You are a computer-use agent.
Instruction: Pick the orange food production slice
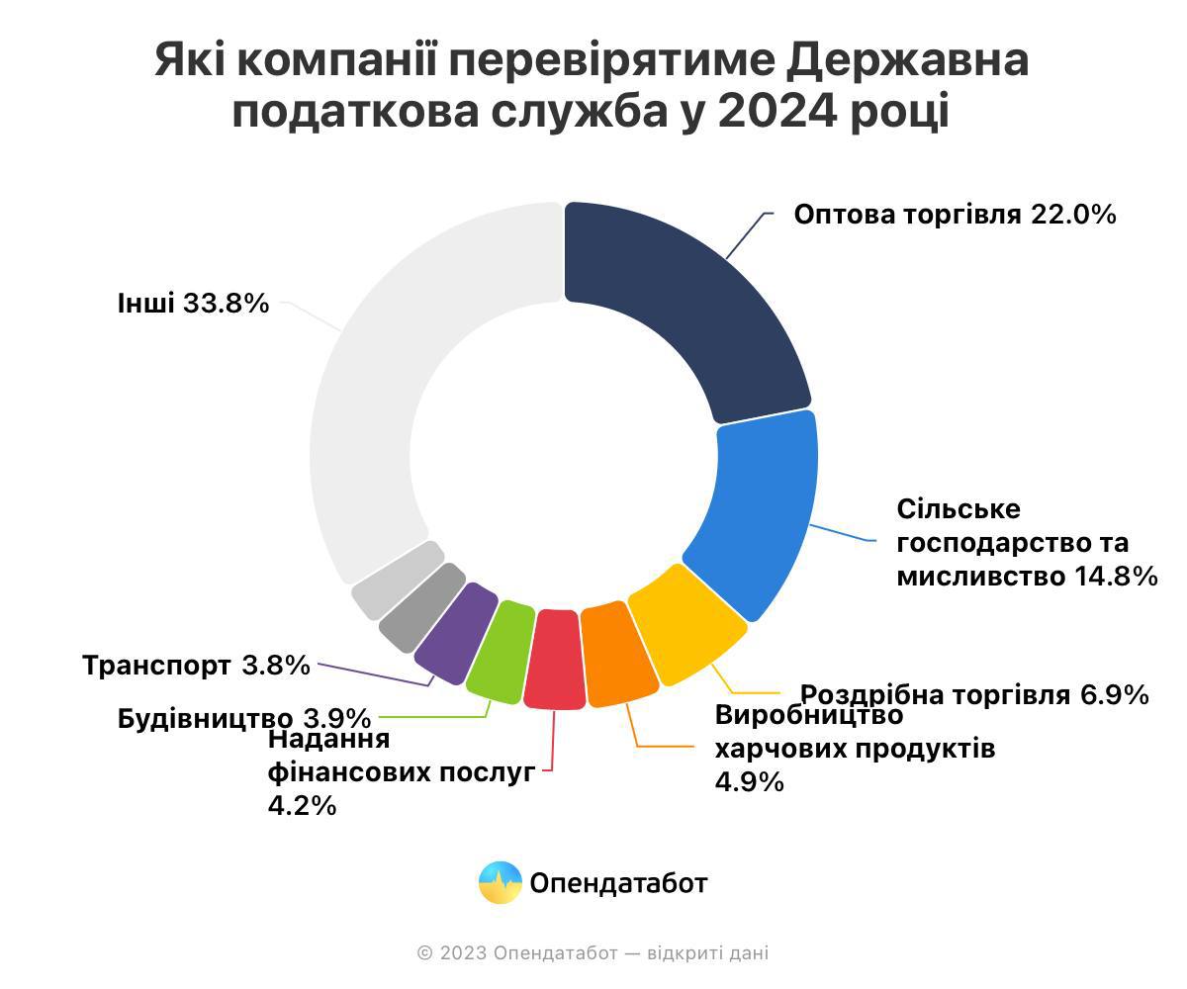coord(617,655)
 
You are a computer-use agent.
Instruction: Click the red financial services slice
coord(554,661)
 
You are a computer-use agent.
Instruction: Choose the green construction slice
coord(501,651)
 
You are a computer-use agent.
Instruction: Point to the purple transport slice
coord(456,633)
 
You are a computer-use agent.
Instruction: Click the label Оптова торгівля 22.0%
coord(955,215)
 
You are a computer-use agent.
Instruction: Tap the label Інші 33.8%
coord(193,303)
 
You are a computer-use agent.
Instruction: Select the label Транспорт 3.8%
coord(196,666)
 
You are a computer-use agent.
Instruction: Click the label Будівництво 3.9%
coord(243,718)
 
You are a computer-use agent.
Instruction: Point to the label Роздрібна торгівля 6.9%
coord(974,695)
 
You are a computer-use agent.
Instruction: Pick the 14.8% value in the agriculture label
coord(1116,577)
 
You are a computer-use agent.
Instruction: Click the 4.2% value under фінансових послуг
coord(302,806)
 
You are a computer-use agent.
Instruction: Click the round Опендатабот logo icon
coord(501,882)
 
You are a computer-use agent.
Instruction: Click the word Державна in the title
coord(908,61)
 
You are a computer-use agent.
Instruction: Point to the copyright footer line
coord(593,953)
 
